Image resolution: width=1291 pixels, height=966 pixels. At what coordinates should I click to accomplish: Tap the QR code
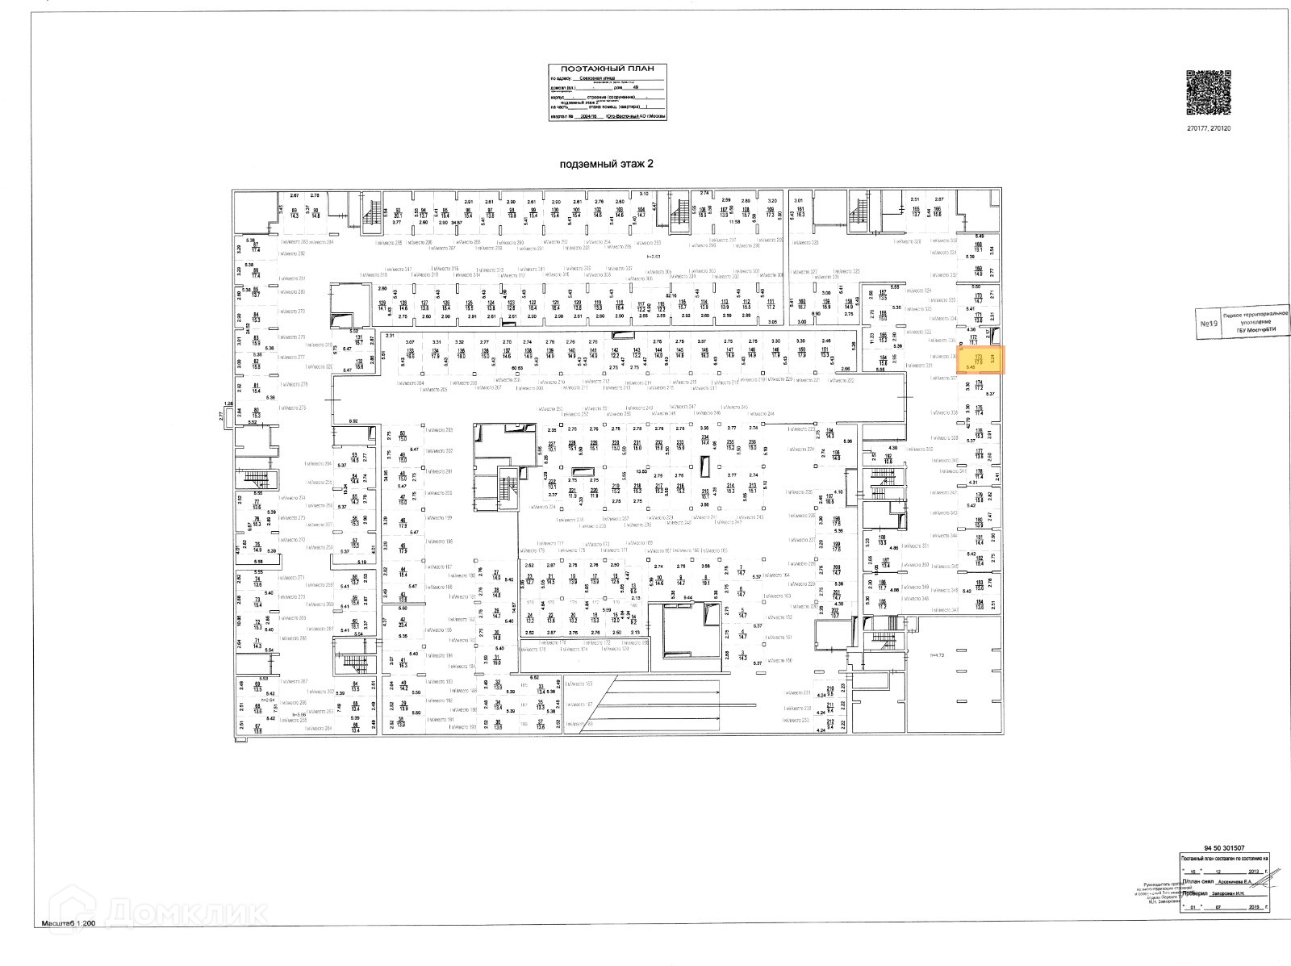coord(1208,93)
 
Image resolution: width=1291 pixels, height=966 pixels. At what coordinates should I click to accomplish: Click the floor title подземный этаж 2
coord(606,164)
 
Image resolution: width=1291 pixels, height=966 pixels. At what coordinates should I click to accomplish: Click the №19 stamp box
coord(1208,324)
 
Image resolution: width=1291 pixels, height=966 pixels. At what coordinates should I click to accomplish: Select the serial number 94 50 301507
coord(1223,848)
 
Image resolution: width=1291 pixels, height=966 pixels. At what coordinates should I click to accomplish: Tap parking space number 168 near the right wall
coord(979,247)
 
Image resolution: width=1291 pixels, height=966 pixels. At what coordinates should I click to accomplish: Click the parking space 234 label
coord(704,441)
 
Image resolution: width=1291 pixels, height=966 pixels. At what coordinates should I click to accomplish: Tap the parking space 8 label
coord(705,577)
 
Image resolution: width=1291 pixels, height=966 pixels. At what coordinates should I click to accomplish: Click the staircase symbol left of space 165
coord(858,214)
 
